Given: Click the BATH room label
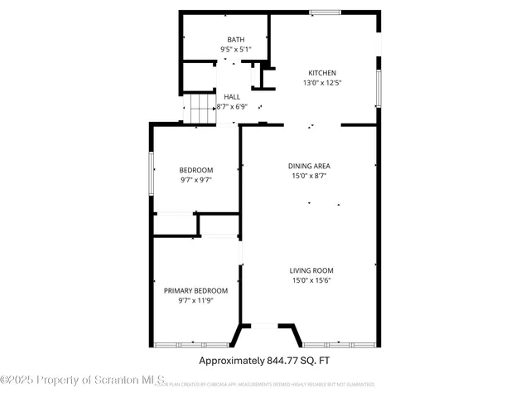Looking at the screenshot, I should [236, 40].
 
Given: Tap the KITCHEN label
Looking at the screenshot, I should [322, 72].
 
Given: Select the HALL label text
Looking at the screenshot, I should [232, 97].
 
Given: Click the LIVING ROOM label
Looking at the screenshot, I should [311, 270].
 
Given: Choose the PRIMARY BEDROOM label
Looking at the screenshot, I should [195, 290].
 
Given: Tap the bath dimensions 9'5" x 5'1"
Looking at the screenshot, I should [236, 50].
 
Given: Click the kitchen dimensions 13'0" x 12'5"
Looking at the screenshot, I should [322, 83].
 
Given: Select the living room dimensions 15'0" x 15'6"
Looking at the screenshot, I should [311, 280].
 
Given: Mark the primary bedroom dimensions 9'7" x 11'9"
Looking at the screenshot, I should [195, 300].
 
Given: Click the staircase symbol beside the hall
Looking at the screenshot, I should [201, 108].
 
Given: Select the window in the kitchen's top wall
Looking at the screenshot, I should [325, 12].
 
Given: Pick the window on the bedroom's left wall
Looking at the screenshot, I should [151, 173].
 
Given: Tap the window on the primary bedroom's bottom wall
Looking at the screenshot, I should [191, 344].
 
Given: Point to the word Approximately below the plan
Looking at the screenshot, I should [231, 361].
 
